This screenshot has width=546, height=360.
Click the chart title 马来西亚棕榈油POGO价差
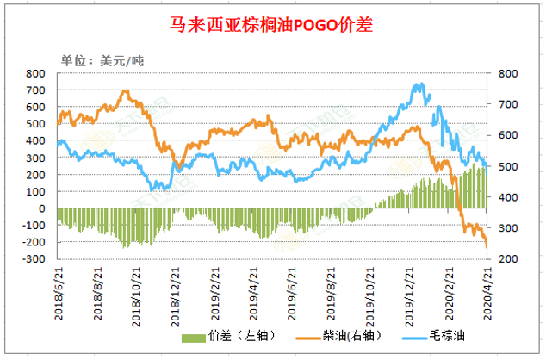[272, 25]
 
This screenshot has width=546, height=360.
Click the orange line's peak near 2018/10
[125, 90]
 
